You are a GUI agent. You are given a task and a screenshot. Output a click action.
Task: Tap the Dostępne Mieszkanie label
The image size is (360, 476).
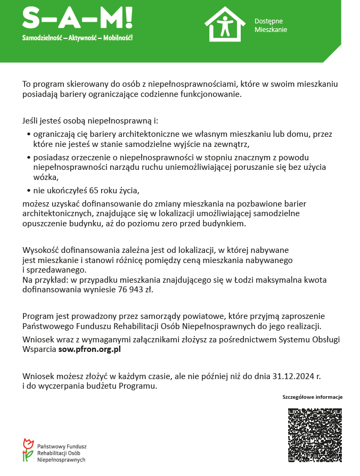pos(271,25)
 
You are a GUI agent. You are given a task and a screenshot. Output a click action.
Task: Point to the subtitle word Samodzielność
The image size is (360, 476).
pos(41,38)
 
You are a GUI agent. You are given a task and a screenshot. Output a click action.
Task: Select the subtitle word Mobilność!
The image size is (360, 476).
pos(118,38)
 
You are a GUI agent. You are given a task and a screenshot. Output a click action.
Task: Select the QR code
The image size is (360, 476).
pos(314,435)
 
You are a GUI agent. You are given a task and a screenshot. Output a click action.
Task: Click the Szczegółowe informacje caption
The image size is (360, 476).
pos(312,397)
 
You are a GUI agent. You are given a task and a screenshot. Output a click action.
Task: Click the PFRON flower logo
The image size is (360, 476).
pos(28,450)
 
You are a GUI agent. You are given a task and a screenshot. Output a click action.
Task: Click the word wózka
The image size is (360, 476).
pos(45,177)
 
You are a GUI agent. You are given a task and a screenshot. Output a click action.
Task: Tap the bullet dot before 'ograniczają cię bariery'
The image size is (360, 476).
pos(28,135)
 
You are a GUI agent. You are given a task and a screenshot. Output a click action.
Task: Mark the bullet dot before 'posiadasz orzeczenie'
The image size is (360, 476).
pos(28,158)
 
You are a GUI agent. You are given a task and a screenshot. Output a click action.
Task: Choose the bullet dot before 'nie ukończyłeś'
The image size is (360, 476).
pos(28,190)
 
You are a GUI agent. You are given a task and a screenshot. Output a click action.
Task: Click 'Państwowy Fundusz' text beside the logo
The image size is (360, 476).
pos(62,446)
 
